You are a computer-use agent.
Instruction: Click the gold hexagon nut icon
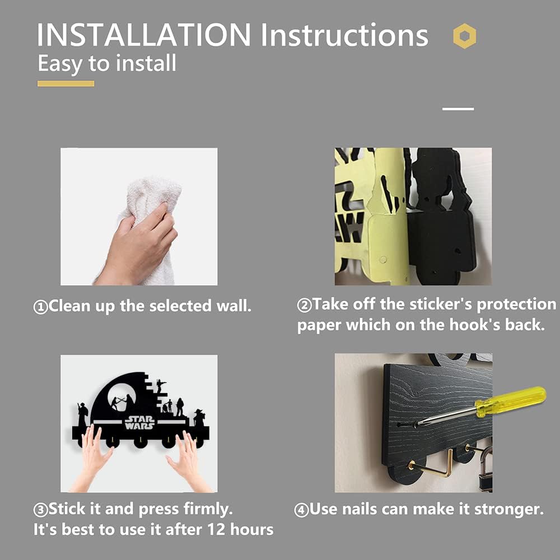(464, 36)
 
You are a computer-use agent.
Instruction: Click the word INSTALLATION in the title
(144, 35)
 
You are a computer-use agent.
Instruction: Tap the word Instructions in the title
(344, 35)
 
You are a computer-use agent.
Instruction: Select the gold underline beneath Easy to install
(66, 83)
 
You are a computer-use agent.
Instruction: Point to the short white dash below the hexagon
(458, 109)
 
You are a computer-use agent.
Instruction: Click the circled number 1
(40, 307)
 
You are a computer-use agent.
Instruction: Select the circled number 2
(304, 305)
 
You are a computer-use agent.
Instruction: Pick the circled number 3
(40, 510)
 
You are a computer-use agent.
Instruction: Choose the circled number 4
(301, 510)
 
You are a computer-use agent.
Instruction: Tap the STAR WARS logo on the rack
(139, 422)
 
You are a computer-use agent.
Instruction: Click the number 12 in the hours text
(216, 529)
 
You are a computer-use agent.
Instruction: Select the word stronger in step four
(509, 510)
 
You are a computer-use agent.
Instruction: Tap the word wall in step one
(234, 306)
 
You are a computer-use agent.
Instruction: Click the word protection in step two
(516, 304)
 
